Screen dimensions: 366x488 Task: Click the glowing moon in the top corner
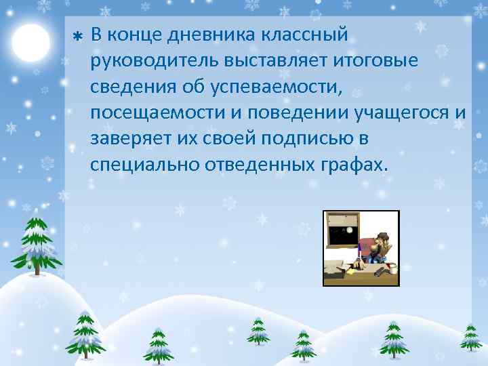(30, 43)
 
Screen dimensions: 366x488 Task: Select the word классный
(306, 34)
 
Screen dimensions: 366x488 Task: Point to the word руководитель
(148, 60)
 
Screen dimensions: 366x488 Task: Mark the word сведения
(129, 86)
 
